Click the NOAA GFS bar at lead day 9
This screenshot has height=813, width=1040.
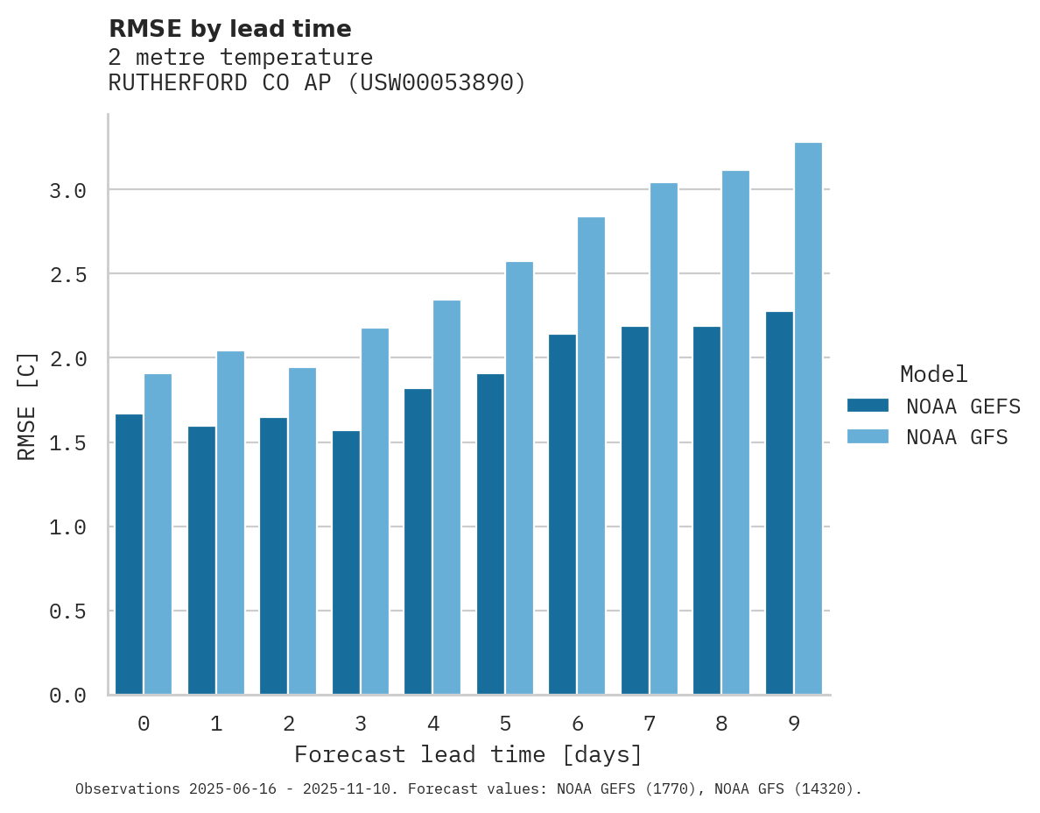pos(808,419)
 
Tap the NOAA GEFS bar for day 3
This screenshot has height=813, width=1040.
pos(346,562)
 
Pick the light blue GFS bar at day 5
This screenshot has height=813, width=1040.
pos(519,478)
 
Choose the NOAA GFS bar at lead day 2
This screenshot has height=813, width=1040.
pos(302,531)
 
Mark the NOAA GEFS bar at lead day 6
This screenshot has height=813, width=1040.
pos(562,514)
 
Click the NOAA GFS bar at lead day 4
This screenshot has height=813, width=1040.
pos(446,498)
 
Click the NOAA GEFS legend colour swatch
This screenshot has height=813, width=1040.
pos(868,406)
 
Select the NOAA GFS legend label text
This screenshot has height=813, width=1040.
pos(957,437)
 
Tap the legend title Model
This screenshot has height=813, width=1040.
pos(933,375)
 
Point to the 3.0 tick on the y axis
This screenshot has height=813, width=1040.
pos(67,191)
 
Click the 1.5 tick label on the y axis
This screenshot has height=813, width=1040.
pos(67,443)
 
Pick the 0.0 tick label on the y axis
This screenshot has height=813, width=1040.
pos(67,696)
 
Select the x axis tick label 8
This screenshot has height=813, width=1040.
pos(721,724)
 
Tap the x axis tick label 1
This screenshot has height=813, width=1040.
pos(216,724)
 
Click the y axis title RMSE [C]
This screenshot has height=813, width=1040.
pos(27,406)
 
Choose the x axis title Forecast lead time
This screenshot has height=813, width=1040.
pos(468,754)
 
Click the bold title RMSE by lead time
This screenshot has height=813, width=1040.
pos(229,29)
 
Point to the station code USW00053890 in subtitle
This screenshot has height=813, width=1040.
pos(437,83)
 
